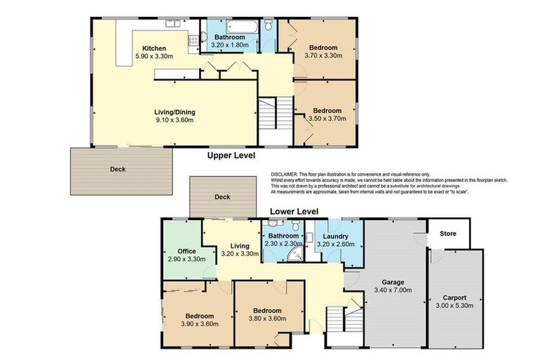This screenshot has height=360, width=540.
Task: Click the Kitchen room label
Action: tap(154, 49)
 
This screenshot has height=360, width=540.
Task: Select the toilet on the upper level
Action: tap(268, 26)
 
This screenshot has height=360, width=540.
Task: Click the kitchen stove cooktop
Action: tap(192, 41)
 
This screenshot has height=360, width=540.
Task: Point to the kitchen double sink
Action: tap(173, 25)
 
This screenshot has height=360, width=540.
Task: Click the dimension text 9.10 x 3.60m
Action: tap(174, 120)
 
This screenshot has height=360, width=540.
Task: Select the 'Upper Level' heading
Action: tap(231, 155)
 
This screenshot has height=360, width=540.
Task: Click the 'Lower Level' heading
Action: tap(294, 211)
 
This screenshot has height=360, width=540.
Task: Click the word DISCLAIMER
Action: tap(285, 174)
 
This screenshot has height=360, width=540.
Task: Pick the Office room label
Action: tap(187, 250)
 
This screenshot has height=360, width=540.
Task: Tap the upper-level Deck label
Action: tap(118, 169)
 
